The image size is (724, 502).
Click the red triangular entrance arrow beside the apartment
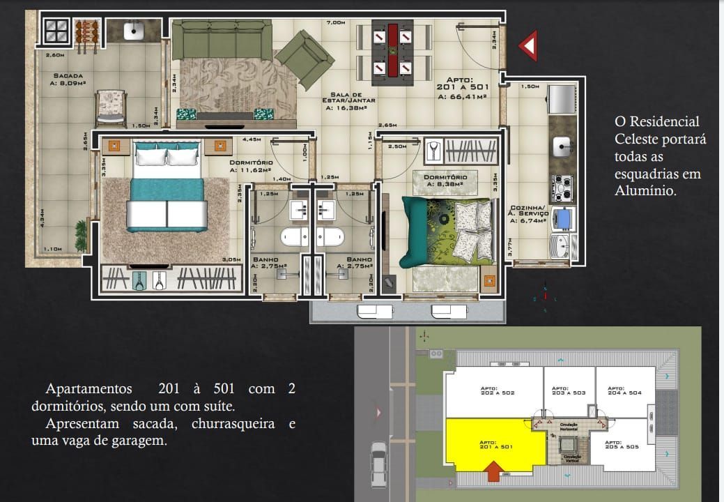(528, 46)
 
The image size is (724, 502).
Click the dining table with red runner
(392, 50)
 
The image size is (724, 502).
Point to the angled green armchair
(307, 59)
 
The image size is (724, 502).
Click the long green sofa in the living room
(222, 40)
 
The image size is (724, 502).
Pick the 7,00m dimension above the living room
(335, 22)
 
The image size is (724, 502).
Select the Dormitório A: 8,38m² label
(446, 181)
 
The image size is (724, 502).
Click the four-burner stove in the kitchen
(562, 187)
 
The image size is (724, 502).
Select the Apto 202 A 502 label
(498, 391)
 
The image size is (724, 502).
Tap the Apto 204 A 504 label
(624, 391)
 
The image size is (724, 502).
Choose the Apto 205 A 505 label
(622, 444)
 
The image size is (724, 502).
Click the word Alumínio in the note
(645, 190)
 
